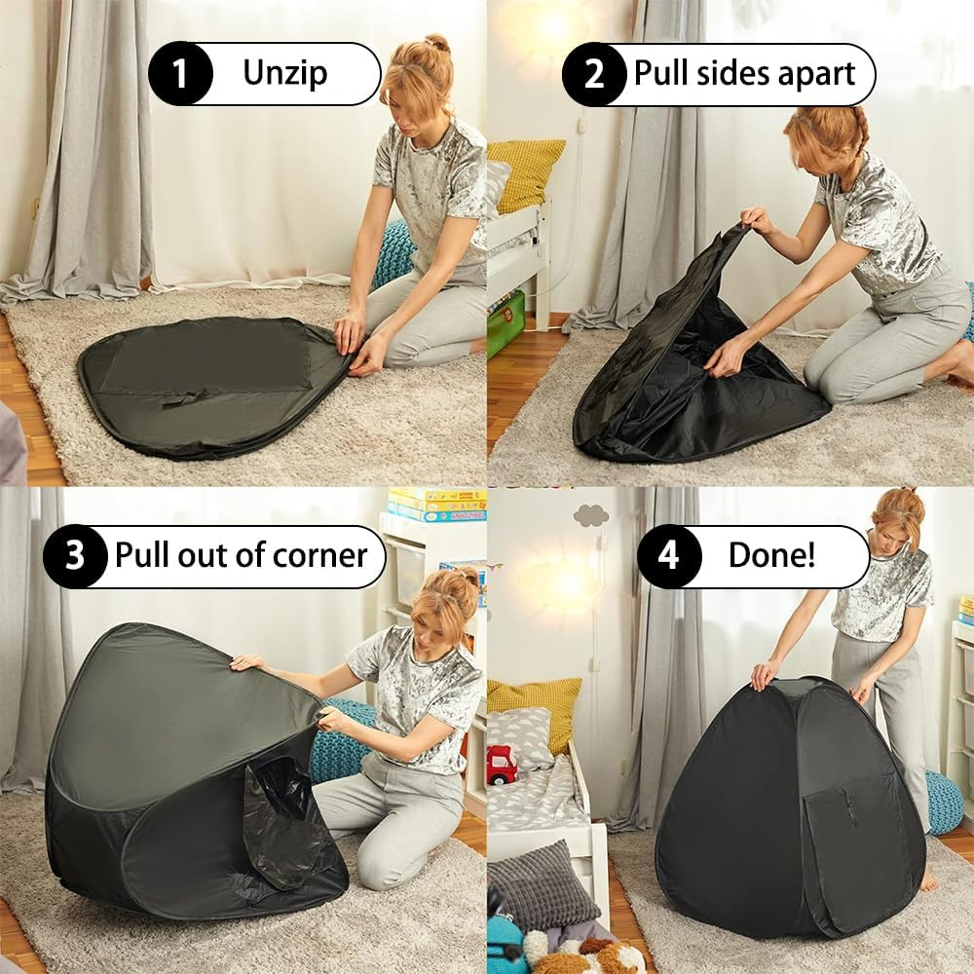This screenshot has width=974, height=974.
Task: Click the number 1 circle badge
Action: click(180, 74)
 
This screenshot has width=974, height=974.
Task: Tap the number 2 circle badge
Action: click(594, 74)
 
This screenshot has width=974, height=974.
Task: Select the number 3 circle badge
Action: click(75, 556)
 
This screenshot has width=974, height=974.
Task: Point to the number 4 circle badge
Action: click(669, 556)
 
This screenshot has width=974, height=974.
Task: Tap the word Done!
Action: click(771, 556)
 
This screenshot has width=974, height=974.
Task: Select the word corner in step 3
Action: click(319, 556)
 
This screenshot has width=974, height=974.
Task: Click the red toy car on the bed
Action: click(501, 765)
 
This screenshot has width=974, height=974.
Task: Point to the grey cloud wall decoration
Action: click(590, 515)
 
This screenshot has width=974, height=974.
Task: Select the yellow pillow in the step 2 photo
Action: click(526, 173)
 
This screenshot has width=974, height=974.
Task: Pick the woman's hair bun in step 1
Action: click(437, 44)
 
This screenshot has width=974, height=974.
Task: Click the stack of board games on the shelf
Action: click(436, 506)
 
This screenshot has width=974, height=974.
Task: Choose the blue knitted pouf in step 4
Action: click(943, 801)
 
